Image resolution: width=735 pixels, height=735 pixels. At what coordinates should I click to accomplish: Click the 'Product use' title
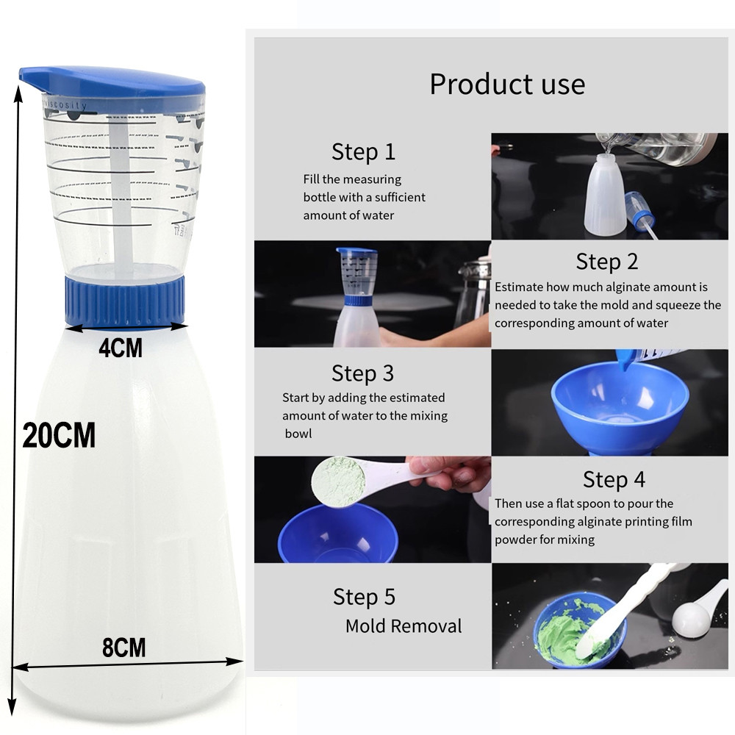pos(507,84)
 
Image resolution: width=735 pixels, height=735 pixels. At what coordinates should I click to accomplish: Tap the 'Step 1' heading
pos(363,152)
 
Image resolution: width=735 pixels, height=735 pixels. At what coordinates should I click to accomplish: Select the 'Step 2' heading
pos(607,262)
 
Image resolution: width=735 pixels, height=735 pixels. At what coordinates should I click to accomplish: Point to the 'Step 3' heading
pos(363,373)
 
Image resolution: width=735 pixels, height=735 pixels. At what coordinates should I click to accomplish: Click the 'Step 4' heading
pos(614,479)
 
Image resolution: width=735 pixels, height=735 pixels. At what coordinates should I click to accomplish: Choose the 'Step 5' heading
pos(364,596)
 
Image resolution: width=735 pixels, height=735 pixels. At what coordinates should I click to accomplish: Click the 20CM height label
pos(59,436)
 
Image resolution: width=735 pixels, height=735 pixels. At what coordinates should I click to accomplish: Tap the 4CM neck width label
pos(121,347)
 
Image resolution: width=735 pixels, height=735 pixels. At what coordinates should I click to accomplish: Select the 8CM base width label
pos(123,648)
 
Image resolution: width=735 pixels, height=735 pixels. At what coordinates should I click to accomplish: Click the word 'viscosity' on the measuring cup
pos(66,107)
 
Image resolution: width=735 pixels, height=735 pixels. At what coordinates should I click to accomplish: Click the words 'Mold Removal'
pos(404,626)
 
